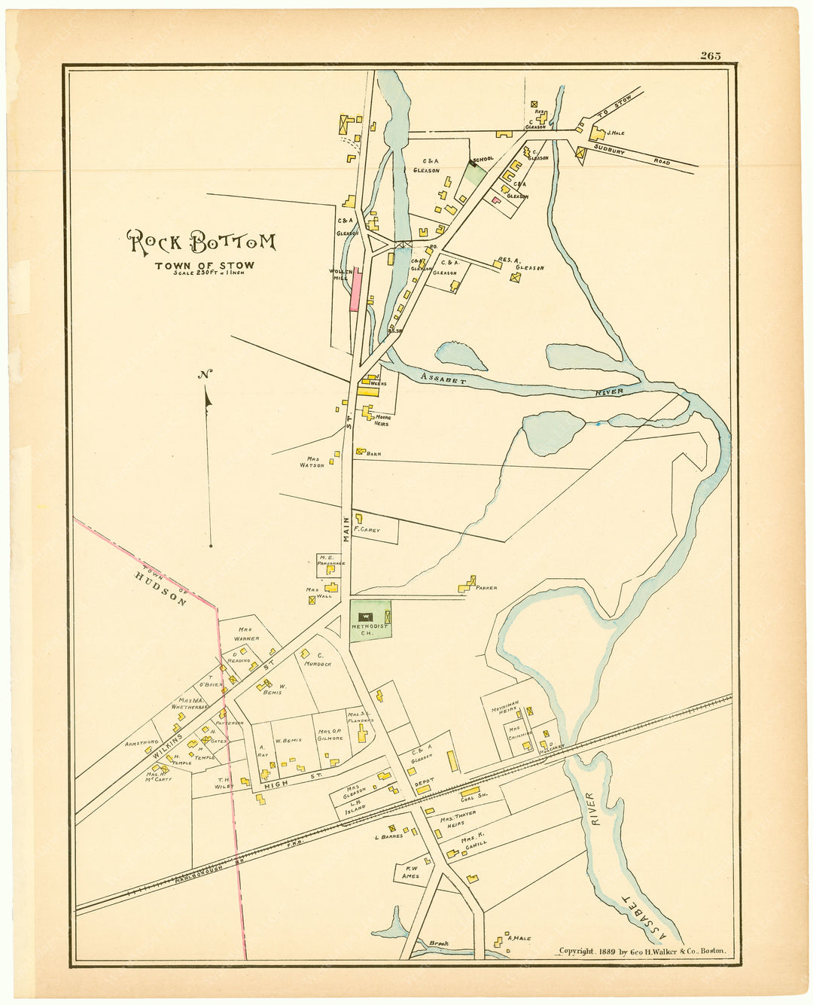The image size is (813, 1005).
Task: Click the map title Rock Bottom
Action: click(201, 242)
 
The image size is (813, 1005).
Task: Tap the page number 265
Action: click(710, 56)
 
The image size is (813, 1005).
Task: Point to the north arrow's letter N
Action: click(204, 375)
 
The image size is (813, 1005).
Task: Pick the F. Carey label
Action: click(368, 530)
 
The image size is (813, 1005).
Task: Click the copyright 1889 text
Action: click(642, 951)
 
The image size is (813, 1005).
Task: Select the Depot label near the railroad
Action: click(424, 782)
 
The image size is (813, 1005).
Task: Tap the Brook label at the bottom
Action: click(438, 943)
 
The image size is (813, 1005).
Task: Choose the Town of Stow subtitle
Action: click(204, 265)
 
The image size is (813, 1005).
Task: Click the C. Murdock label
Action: click(318, 659)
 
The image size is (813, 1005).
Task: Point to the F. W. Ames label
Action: click(410, 872)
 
